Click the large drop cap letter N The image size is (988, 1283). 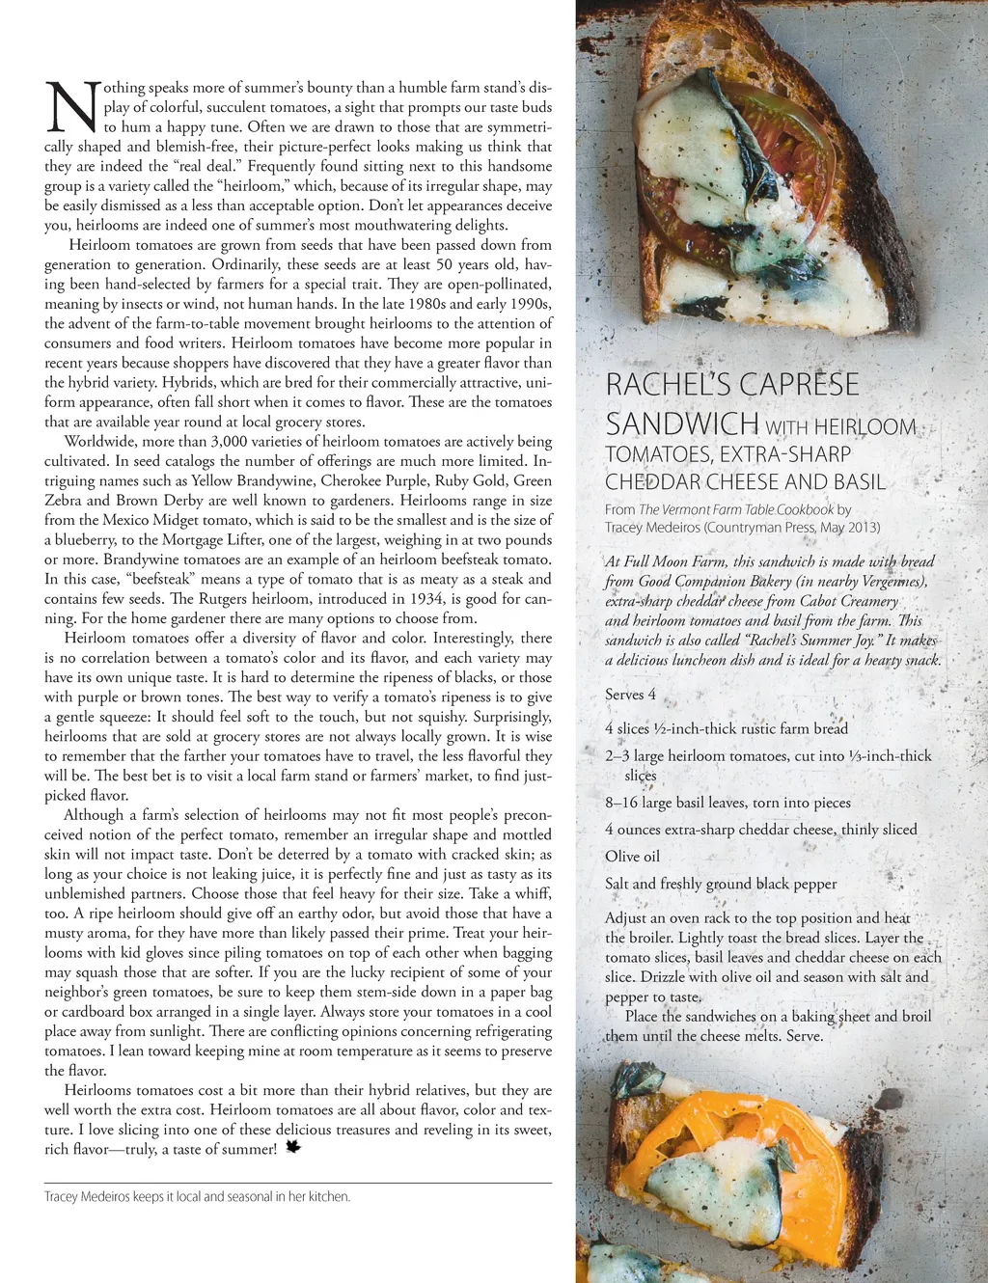click(x=71, y=107)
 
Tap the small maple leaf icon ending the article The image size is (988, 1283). click(x=293, y=1147)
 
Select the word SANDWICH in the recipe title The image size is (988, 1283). click(x=682, y=423)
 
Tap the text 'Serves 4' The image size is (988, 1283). click(x=630, y=695)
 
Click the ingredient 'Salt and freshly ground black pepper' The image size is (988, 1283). click(x=721, y=884)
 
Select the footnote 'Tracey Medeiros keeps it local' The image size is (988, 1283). click(x=197, y=1196)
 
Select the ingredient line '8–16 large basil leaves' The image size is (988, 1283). click(x=727, y=803)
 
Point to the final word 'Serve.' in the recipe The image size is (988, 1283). click(x=804, y=1036)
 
